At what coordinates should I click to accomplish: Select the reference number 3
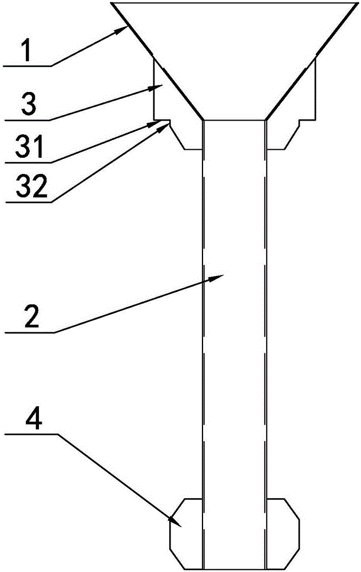click(30, 104)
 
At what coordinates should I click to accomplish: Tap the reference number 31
click(30, 146)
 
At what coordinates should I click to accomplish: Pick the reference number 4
click(33, 421)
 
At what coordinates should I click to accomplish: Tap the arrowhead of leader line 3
click(157, 88)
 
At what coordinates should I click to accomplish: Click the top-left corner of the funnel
click(111, 3)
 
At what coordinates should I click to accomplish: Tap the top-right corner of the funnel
click(356, 3)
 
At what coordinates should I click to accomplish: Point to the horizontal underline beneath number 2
click(30, 332)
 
